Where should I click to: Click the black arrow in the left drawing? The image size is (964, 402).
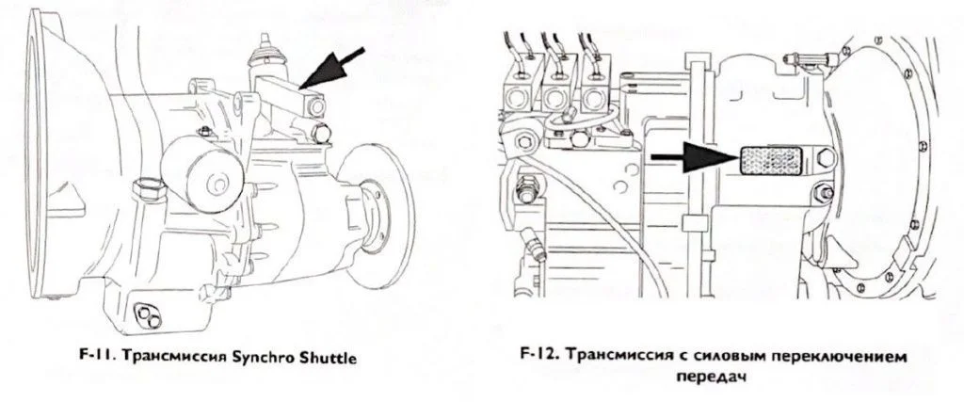point(332,68)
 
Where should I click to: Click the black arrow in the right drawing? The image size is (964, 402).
point(695,158)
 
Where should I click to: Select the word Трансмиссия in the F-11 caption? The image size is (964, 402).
point(164,358)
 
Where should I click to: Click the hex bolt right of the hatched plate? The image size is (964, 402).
point(825,158)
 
